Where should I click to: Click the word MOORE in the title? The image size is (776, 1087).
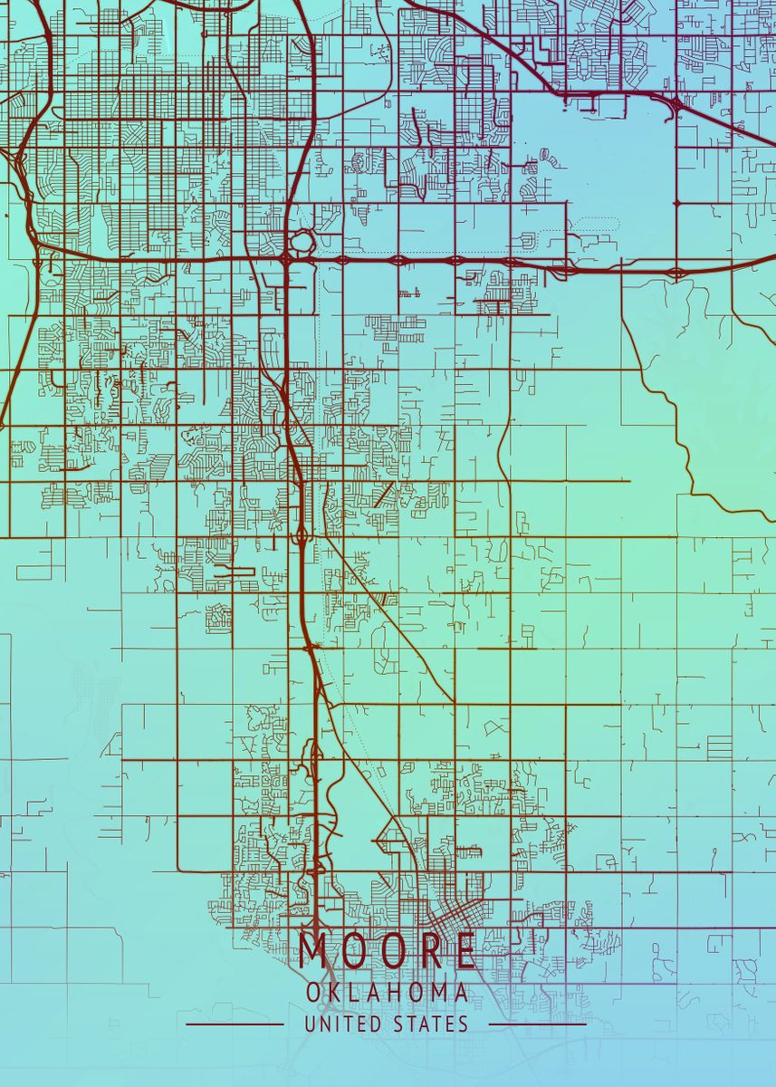[x=388, y=951]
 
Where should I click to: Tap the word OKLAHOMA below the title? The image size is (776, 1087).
[x=388, y=994]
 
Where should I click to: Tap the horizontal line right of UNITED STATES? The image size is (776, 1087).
[x=538, y=1025]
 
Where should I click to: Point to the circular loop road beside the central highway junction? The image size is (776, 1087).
[x=302, y=242]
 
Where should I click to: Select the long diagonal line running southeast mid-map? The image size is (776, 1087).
[x=389, y=616]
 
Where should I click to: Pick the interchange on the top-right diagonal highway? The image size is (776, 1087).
[x=675, y=105]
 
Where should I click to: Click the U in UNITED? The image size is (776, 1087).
[x=310, y=1024]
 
